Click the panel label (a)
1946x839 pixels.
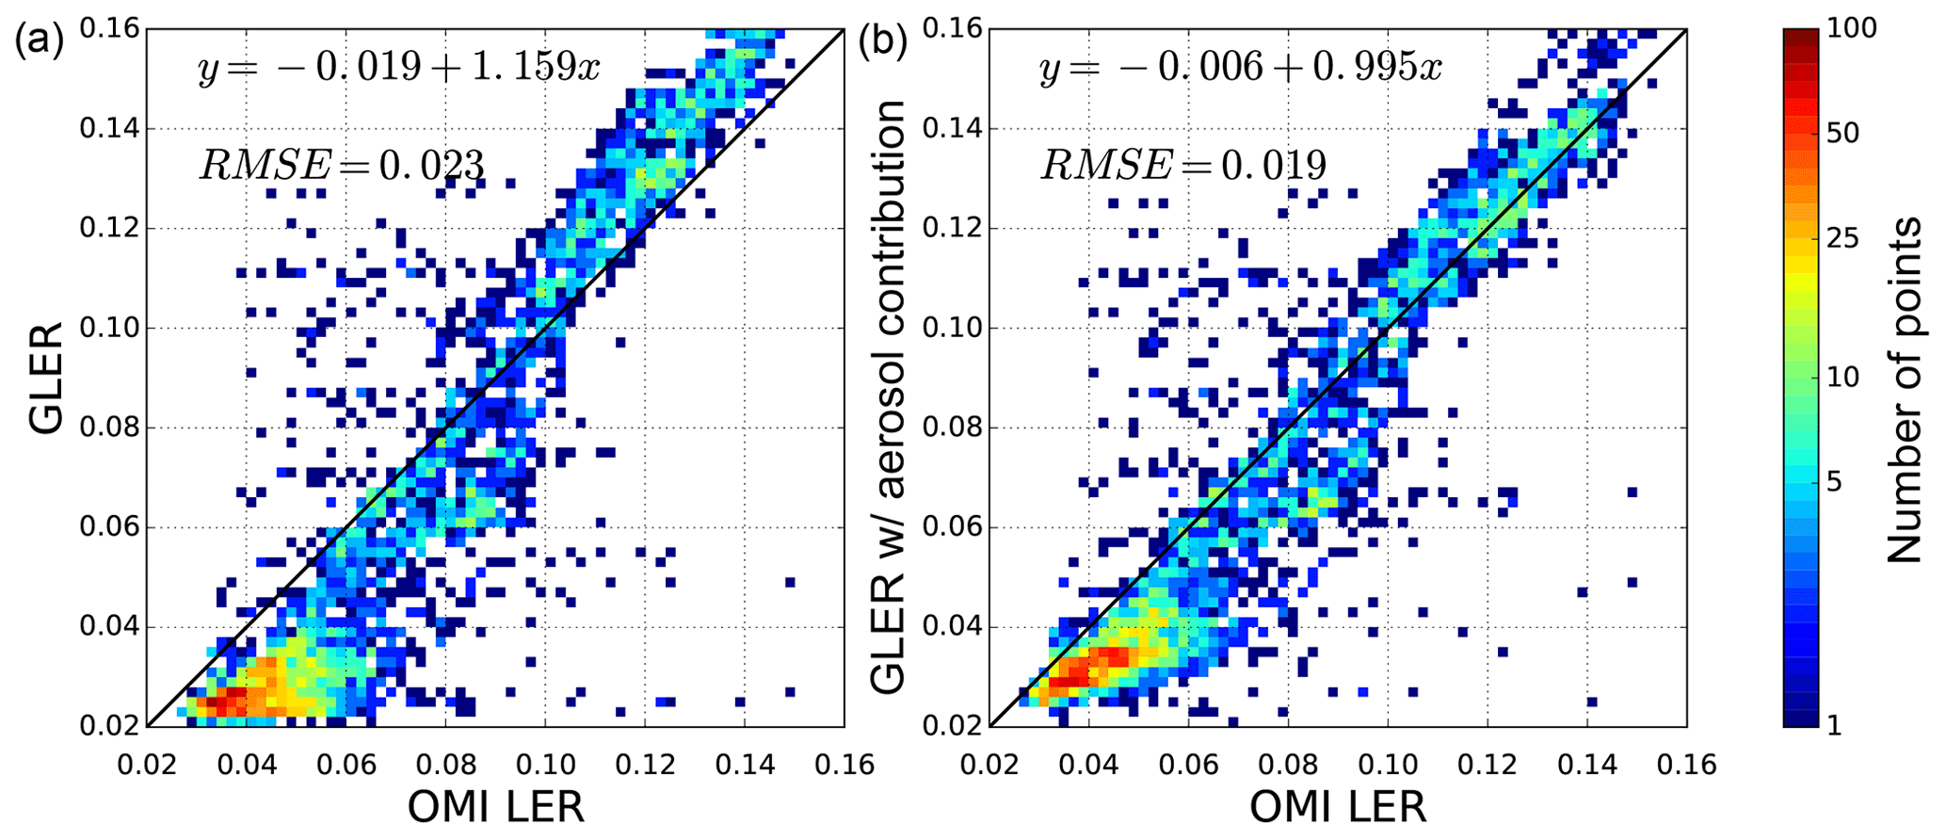39,43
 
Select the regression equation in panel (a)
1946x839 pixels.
398,69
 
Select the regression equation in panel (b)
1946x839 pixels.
1241,69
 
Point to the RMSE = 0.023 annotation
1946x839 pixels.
341,166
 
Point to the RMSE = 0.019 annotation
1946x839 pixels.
1183,166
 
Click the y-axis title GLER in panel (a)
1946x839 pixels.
45,378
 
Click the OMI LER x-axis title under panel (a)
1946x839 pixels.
495,808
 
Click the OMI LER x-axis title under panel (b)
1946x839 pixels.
1338,808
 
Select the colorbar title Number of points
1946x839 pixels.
1906,390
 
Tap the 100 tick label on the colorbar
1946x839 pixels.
1851,29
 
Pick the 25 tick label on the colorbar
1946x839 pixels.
1842,238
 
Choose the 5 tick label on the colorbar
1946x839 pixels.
1835,482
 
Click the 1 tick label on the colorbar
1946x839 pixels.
1833,725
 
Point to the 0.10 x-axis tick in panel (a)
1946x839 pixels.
545,763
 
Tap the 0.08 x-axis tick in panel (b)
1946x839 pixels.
1288,763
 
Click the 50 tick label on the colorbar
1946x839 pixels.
1842,134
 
